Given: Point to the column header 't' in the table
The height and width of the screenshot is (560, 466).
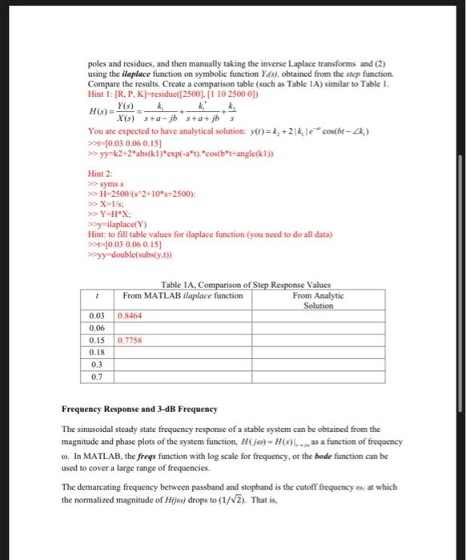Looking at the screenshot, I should click(x=97, y=296).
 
